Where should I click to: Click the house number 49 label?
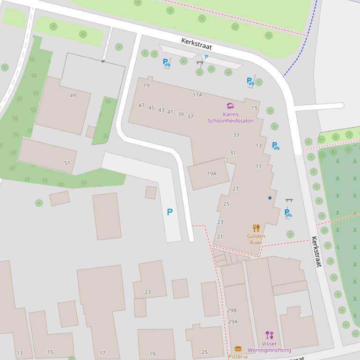73,95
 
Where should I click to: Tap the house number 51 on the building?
67,163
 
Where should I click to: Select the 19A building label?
212,173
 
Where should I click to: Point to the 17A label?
197,95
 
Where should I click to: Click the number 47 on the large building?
141,106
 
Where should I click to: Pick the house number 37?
190,117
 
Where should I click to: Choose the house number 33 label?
236,135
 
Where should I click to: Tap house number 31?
233,153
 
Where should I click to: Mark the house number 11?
258,166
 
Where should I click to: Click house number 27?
235,189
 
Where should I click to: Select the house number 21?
220,237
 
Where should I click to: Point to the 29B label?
232,310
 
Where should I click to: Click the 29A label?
233,322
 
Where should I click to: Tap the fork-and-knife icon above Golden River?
256,228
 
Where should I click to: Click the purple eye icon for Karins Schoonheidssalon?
230,106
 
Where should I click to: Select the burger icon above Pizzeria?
238,349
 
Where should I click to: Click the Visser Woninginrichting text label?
269,347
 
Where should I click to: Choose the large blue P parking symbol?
170,212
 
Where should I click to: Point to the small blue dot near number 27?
270,198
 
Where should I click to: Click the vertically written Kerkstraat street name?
317,252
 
